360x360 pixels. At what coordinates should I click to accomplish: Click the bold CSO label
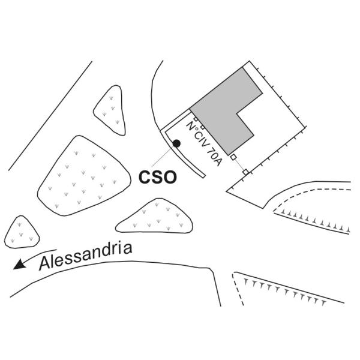tap(158, 178)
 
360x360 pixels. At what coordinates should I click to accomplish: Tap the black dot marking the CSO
tap(177, 143)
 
